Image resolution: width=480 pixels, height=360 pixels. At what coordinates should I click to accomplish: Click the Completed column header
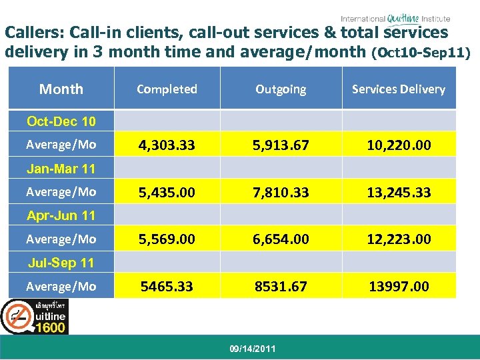[167, 89]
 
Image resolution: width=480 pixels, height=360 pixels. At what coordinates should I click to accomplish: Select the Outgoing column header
[281, 89]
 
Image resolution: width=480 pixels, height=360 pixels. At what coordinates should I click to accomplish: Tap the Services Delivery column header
[399, 89]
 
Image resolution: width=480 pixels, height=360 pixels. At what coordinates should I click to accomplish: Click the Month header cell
[61, 89]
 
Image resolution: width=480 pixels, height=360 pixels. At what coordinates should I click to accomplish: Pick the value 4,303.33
[167, 145]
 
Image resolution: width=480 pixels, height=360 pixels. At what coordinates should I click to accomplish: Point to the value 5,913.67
[281, 145]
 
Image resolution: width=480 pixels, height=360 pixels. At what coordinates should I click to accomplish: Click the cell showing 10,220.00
[399, 145]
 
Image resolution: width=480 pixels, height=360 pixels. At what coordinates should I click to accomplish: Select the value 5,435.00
[167, 192]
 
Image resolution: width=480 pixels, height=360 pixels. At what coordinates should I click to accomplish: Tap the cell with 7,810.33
[281, 192]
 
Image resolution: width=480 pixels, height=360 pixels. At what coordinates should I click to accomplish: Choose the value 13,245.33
[399, 192]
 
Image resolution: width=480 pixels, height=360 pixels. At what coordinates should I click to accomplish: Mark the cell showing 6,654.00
[281, 239]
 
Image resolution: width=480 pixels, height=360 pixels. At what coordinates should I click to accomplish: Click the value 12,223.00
[399, 239]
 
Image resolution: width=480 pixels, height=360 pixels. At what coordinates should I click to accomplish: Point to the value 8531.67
[281, 286]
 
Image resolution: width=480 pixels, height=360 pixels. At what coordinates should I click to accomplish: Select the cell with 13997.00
[399, 286]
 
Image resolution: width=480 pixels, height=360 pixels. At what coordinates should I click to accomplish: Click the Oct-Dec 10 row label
[61, 121]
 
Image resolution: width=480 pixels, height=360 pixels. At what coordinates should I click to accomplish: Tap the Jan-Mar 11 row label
[61, 169]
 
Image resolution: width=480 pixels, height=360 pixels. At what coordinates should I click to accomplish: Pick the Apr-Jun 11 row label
[61, 215]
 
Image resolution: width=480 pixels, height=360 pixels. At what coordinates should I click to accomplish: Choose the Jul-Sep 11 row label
[61, 263]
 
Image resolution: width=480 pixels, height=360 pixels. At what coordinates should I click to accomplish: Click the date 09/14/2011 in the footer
[251, 349]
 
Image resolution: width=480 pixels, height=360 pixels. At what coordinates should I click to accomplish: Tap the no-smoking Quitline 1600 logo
[34, 317]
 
